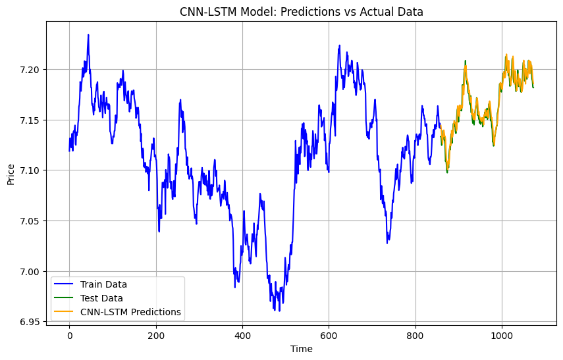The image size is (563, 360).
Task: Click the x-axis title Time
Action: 302,349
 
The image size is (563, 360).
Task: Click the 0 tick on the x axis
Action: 69,335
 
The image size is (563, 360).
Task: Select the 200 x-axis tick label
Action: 156,335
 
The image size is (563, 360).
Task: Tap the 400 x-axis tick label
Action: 242,335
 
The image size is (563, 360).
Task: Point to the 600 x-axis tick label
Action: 329,335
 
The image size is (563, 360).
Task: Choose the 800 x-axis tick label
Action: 416,335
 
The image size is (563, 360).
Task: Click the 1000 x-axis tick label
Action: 502,335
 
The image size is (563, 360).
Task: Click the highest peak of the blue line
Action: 88,35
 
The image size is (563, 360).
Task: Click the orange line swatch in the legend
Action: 66,312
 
